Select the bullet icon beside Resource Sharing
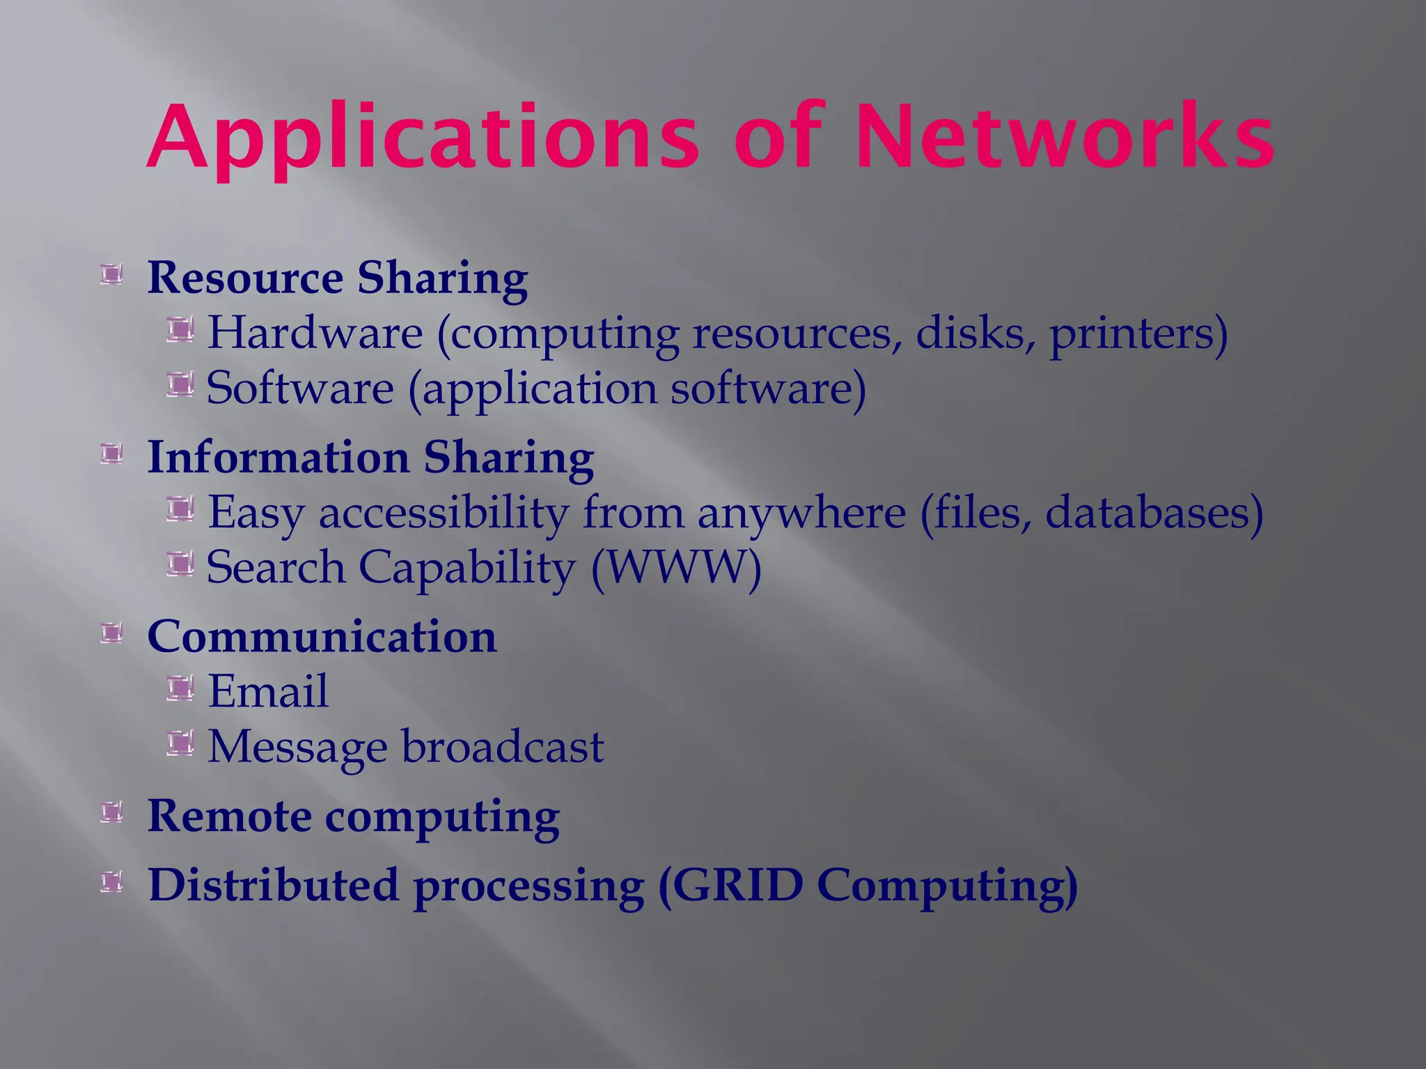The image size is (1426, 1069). (111, 274)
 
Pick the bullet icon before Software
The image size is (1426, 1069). (180, 385)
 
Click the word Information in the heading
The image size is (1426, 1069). (279, 457)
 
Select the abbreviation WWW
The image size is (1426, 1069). (675, 567)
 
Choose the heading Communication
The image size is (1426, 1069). (322, 636)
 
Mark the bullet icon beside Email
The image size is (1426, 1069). (180, 689)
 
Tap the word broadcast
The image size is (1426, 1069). (503, 747)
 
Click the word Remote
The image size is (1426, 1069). (229, 816)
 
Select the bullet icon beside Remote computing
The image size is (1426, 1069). (111, 812)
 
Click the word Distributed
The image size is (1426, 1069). (274, 885)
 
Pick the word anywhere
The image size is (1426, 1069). (801, 514)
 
